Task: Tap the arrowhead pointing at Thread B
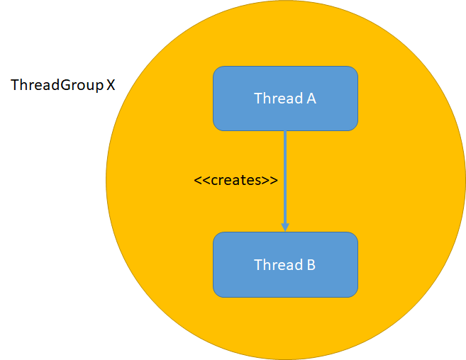pyautogui.click(x=285, y=226)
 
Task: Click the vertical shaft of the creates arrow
pyautogui.click(x=285, y=177)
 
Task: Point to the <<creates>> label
pyautogui.click(x=235, y=180)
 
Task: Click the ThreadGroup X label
pyautogui.click(x=62, y=85)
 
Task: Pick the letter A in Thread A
pyautogui.click(x=311, y=99)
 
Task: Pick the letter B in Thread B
pyautogui.click(x=311, y=265)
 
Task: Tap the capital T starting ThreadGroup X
pyautogui.click(x=15, y=85)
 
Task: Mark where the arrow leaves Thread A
pyautogui.click(x=285, y=132)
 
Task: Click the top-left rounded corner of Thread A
pyautogui.click(x=217, y=70)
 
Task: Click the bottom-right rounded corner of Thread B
pyautogui.click(x=353, y=292)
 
